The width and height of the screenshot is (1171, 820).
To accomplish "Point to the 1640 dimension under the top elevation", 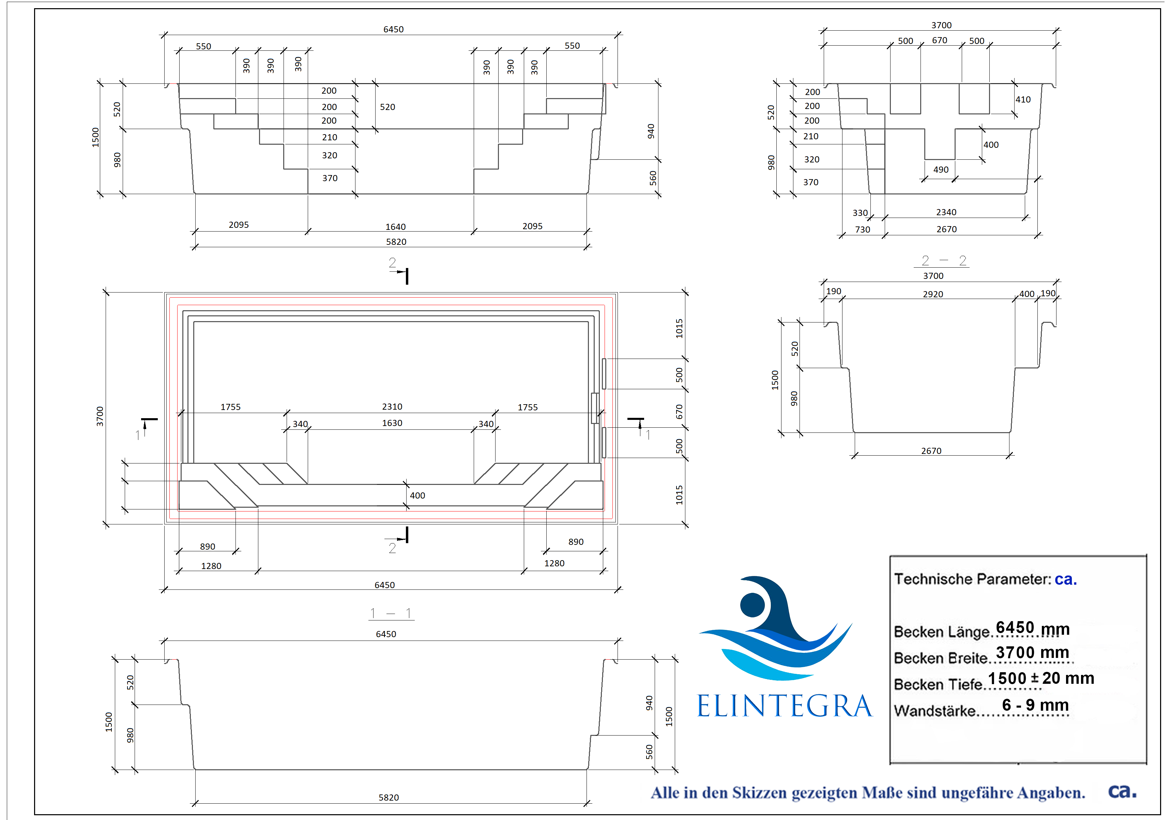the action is tap(395, 227).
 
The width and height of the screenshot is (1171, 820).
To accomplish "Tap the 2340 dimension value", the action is tap(946, 212).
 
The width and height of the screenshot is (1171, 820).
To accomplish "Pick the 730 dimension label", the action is tap(863, 229).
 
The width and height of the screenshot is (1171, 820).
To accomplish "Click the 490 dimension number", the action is tap(941, 170).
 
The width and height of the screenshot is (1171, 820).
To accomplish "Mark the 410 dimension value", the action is tap(1023, 99).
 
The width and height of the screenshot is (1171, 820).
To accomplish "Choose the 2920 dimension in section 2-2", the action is tap(933, 294).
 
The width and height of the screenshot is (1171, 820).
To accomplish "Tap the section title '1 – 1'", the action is tap(391, 613).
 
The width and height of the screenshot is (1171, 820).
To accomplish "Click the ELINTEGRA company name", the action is tap(785, 706).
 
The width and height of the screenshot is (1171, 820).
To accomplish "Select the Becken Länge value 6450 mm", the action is tap(1033, 628).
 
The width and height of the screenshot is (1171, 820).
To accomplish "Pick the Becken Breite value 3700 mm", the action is tap(1033, 652).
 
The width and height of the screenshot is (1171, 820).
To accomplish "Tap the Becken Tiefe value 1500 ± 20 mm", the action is tap(1041, 678).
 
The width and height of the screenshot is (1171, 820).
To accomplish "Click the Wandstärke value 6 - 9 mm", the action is tap(1035, 705).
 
